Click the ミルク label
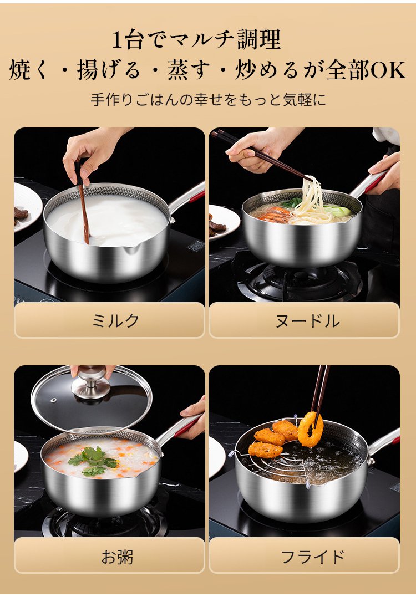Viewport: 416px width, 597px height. coord(116,320)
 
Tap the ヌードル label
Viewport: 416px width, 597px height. coord(307,320)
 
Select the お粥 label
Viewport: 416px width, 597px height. coord(117,557)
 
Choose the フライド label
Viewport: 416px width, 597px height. coord(312,557)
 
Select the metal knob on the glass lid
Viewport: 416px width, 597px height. coord(90,382)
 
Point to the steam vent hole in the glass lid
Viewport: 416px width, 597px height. coord(53,400)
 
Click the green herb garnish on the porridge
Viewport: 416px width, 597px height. coord(93,461)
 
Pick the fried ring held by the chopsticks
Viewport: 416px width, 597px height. coord(311,430)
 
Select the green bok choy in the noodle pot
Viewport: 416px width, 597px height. coord(337,211)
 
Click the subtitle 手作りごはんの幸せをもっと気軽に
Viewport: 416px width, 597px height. coord(209,100)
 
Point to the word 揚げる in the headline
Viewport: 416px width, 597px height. coord(108,70)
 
